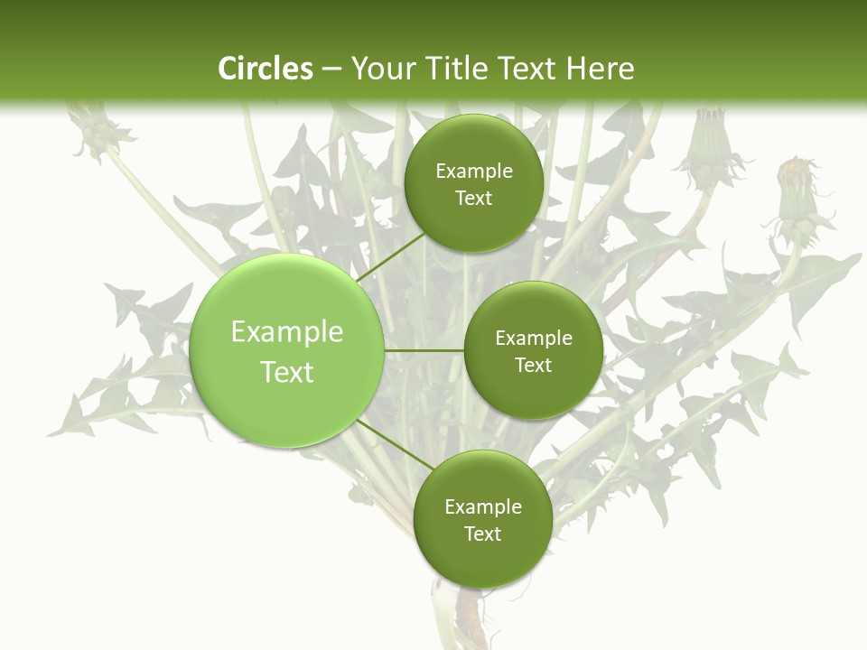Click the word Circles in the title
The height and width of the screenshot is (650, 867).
pos(265,69)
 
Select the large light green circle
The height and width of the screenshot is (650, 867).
pos(286,350)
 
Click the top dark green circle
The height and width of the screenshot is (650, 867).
pos(473,183)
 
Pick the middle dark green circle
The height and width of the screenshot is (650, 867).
pos(533,350)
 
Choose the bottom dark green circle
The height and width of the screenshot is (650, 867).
pos(482,519)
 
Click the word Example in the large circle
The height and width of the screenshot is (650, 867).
pos(287,332)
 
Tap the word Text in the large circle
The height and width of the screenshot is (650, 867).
pos(287,372)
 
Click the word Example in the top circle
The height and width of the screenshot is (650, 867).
pos(474,172)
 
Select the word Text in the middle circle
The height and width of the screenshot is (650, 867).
pos(533,365)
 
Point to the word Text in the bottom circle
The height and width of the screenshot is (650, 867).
pos(482,534)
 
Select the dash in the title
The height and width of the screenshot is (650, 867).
pos(331,70)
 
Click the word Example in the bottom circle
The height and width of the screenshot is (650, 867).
pos(483,506)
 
